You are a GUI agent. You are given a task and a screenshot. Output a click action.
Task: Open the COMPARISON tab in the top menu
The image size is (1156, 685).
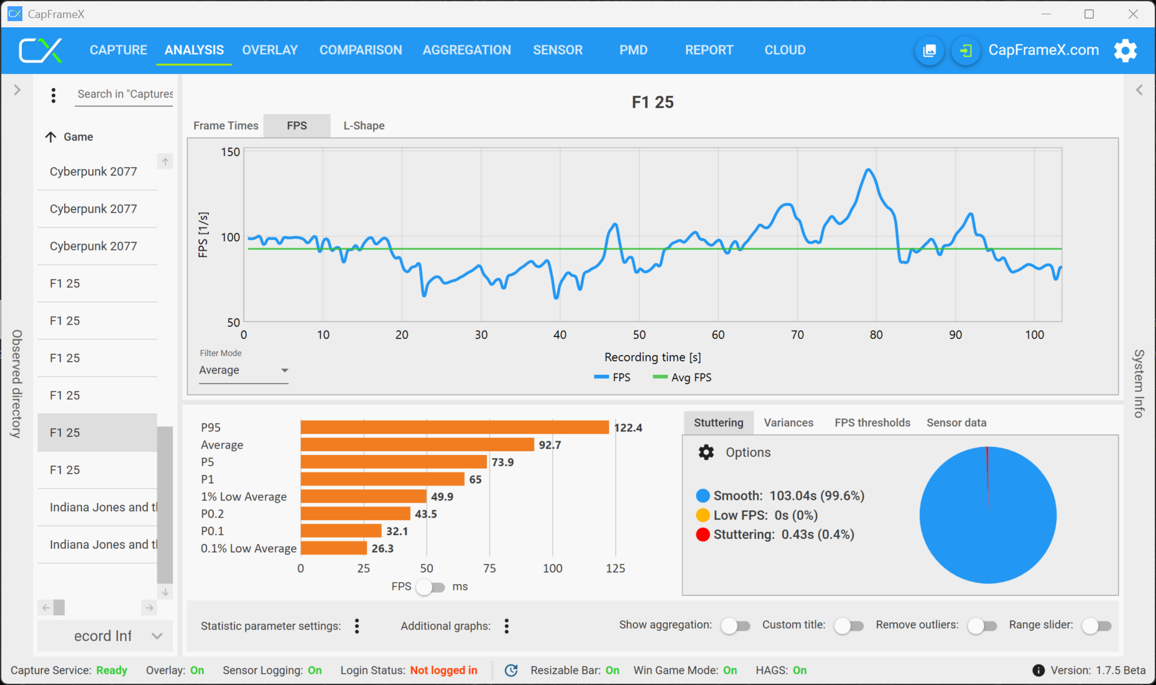click(361, 50)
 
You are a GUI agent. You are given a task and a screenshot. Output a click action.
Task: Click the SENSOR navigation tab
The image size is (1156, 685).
click(557, 50)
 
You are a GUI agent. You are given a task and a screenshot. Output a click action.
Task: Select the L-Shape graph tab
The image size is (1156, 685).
click(364, 126)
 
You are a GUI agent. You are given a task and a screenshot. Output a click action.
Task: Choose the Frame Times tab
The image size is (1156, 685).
click(226, 126)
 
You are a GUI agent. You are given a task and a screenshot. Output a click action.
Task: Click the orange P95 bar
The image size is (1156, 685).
click(455, 428)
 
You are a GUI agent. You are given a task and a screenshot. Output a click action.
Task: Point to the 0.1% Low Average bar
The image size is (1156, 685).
click(334, 548)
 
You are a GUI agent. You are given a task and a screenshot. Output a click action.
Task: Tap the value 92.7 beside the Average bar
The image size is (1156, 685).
click(550, 445)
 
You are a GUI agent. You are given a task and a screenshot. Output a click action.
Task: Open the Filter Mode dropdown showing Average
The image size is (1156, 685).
click(243, 370)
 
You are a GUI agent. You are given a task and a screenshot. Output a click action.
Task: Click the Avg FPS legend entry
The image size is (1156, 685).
click(683, 377)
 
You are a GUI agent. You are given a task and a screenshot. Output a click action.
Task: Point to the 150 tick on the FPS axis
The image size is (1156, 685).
click(230, 152)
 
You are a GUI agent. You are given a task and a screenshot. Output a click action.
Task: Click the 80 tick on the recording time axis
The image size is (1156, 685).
click(876, 335)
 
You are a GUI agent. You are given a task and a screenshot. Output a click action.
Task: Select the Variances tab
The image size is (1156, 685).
click(788, 423)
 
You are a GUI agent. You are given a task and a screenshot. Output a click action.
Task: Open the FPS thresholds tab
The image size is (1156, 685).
click(872, 423)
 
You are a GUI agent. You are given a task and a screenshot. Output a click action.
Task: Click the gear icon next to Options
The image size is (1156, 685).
click(706, 452)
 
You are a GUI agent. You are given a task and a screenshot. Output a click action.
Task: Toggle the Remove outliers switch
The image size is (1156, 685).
click(982, 626)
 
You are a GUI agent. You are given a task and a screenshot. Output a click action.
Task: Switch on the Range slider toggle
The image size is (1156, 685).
click(1096, 626)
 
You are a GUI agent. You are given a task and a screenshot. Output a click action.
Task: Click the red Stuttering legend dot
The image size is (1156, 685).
click(703, 535)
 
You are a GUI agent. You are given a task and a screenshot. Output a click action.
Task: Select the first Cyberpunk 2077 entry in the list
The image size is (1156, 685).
click(93, 172)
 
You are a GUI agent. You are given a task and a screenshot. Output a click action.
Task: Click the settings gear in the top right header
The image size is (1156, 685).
click(1125, 50)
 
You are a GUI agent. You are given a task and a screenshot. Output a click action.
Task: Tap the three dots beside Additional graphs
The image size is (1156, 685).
click(507, 626)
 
